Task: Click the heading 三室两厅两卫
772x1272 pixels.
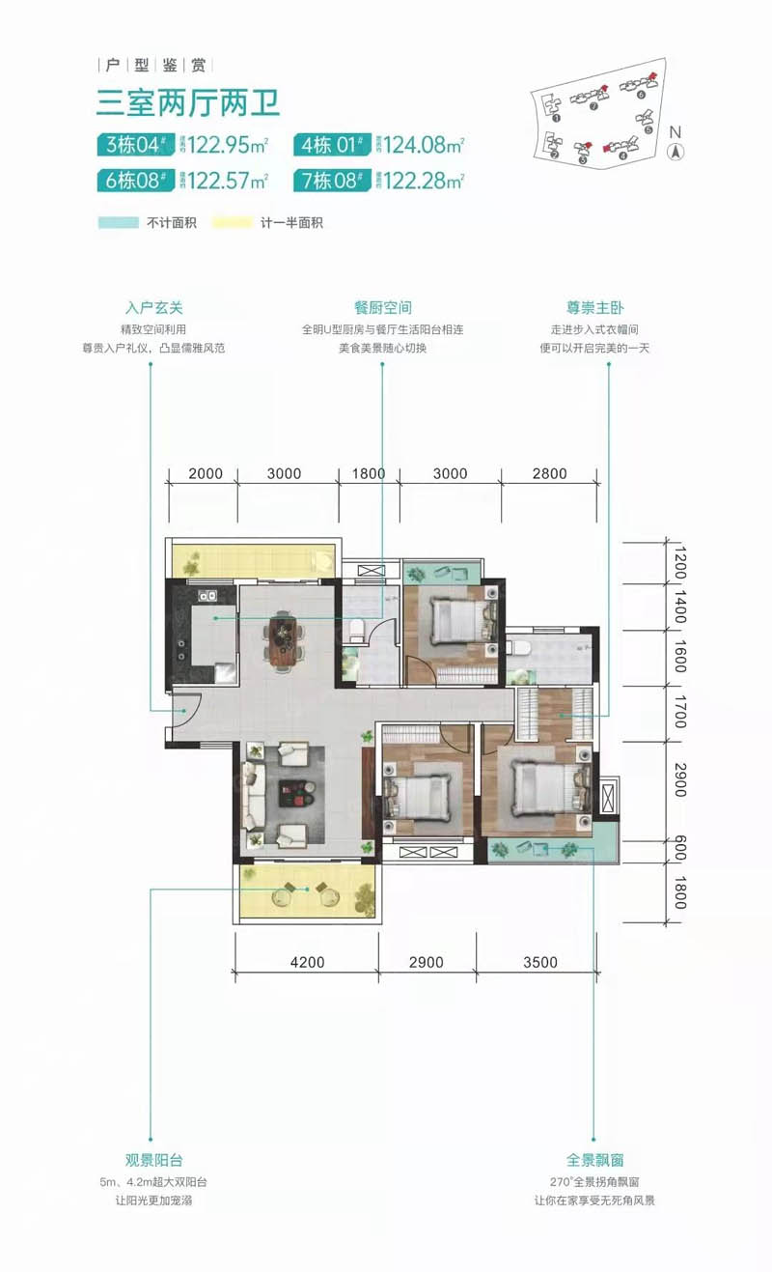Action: [188, 101]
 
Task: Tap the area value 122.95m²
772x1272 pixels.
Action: [228, 146]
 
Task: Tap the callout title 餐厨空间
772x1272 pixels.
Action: [383, 308]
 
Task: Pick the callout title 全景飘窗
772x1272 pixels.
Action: [594, 1160]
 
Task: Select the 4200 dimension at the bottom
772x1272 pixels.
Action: [306, 962]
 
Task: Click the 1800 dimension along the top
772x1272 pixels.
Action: [369, 473]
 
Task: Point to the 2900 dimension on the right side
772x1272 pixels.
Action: [679, 778]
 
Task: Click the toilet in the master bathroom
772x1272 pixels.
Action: [520, 647]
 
